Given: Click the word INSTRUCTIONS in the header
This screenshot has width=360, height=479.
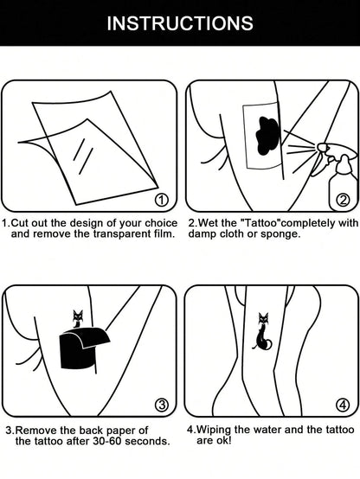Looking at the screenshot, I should pos(180,22).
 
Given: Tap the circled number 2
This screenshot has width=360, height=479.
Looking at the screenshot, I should pos(343,201).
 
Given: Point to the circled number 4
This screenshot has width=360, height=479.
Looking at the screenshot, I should pos(343,404).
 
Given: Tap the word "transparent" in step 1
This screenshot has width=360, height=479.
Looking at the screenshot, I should pos(112,234).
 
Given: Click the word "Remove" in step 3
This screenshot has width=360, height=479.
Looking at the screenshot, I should pos(37,430).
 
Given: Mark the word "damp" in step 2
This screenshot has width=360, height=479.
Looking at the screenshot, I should pos(205,234).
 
